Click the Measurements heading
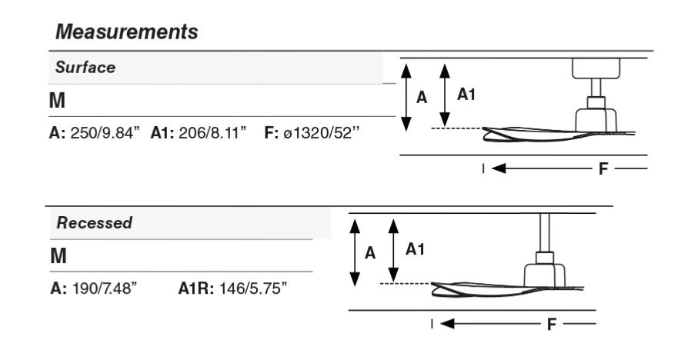(x=123, y=32)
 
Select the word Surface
(x=85, y=67)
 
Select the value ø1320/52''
(x=319, y=133)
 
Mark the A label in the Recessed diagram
(x=369, y=253)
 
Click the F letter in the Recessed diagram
(x=550, y=324)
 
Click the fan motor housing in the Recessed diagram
(x=545, y=272)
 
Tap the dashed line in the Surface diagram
(x=457, y=128)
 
